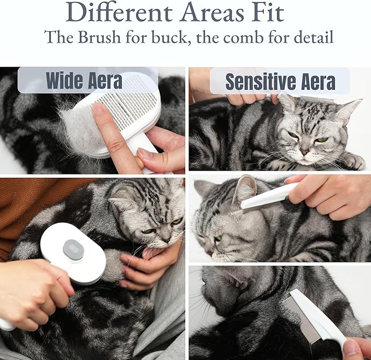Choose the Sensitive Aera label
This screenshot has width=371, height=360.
pyautogui.click(x=280, y=82)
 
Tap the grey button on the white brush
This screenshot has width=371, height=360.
pyautogui.click(x=73, y=249)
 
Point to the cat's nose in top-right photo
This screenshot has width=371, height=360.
pyautogui.click(x=304, y=152)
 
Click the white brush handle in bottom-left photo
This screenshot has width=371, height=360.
pyautogui.click(x=8, y=323)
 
